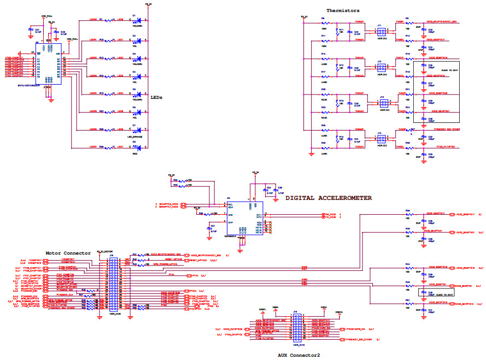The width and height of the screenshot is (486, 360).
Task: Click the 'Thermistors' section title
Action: [x=342, y=10]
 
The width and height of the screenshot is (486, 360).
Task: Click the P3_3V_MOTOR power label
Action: [x=104, y=252]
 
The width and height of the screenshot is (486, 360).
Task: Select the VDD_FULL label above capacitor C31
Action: [x=47, y=16]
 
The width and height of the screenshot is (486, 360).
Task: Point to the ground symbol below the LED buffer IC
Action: [x=50, y=100]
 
